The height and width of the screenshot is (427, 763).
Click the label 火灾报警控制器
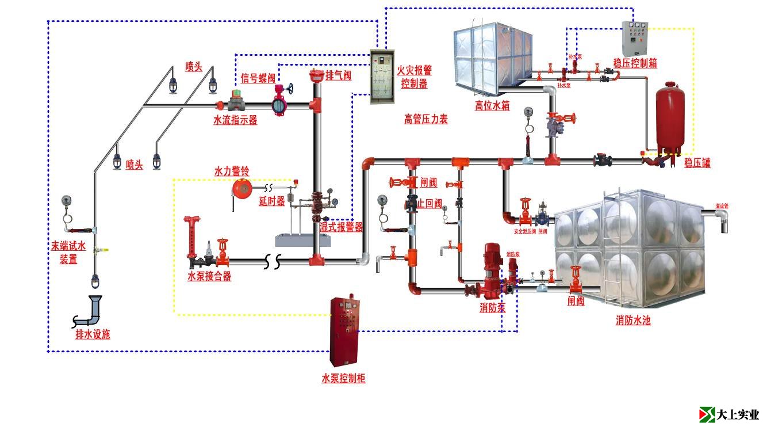point(414,77)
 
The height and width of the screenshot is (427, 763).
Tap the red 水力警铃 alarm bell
point(241,188)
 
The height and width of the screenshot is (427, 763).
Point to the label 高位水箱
point(492,105)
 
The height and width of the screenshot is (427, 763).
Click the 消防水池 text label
point(632,321)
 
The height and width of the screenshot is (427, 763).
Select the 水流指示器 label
point(235,120)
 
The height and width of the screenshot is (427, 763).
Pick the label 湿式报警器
point(342,227)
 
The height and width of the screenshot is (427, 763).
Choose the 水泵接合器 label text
point(209,276)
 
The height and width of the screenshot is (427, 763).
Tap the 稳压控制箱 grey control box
point(635,39)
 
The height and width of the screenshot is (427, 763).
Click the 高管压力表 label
point(425,119)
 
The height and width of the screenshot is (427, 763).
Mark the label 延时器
point(272,201)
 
